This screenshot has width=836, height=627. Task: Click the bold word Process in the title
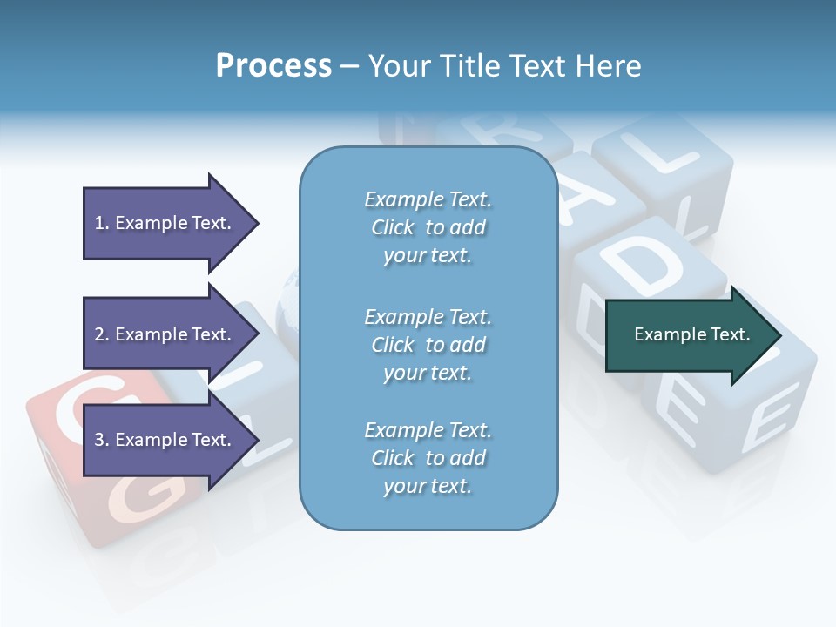[273, 66]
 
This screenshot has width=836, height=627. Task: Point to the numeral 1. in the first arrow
[102, 223]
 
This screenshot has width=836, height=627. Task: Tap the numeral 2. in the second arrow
[102, 334]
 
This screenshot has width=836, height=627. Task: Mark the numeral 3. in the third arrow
[102, 440]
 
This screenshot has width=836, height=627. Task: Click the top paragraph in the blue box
[428, 227]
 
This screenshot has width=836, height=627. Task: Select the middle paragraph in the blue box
[428, 345]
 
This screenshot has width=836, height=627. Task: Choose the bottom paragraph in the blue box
[428, 458]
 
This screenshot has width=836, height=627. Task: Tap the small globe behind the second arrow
[287, 300]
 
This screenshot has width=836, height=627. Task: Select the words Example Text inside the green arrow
[692, 334]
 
